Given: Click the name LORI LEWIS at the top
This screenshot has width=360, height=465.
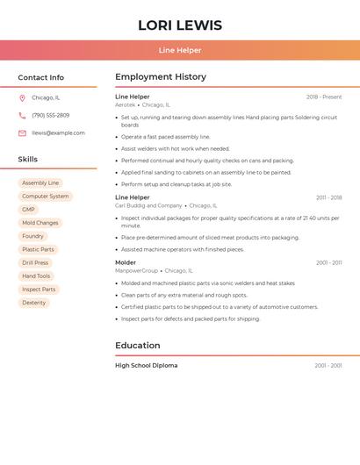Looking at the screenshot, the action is pos(180,25).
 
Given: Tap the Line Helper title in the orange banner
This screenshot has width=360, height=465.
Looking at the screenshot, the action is pos(180,51).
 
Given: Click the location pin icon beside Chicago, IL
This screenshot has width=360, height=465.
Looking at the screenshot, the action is pos(22,98).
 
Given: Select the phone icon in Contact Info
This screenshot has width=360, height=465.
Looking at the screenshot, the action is pos(22,116).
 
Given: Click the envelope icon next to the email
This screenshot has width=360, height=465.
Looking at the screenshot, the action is pos(22,133).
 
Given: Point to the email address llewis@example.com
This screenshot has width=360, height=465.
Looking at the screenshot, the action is pos(59,133).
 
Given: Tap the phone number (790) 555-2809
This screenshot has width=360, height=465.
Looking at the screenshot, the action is pos(51,116).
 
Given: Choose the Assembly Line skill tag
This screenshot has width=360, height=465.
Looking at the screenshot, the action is pos(40,183).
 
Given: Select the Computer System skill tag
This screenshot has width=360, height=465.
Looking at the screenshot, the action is pos(45,197).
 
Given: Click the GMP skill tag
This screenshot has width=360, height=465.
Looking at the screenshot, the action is pos(29,210).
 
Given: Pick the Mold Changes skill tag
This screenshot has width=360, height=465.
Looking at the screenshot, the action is pos(40,223).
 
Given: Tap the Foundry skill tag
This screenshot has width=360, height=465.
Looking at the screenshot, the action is pos(32,236).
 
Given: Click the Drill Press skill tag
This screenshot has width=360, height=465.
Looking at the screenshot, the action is pos(35,263).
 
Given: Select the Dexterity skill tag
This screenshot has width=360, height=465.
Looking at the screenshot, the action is pos(34,303).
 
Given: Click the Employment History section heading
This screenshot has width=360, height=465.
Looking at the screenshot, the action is pos(161,77).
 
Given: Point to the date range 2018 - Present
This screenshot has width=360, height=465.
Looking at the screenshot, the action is pos(324,97).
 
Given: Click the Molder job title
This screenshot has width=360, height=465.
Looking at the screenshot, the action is pos(126,262).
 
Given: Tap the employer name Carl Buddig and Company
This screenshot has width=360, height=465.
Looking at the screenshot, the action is pos(148,206).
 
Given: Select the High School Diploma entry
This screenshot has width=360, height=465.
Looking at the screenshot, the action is pos(146,366).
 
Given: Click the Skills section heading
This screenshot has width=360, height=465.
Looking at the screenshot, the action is pos(28,160).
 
